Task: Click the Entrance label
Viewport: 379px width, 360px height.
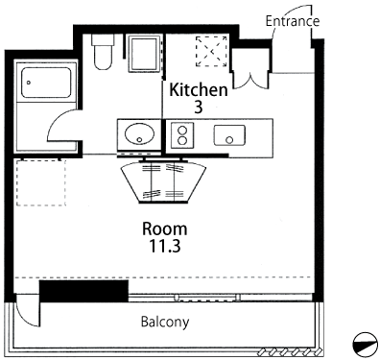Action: (x=293, y=21)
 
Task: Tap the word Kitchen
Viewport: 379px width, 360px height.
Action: (x=199, y=90)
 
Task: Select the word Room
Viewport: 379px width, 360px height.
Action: (x=165, y=228)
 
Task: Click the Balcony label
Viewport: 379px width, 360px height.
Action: (x=165, y=322)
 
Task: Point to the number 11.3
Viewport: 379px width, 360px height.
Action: (x=165, y=246)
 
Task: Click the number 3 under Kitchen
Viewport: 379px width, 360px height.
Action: (x=199, y=108)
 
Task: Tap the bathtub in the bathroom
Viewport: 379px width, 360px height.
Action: (x=46, y=83)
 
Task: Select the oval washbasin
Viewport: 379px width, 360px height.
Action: (x=139, y=134)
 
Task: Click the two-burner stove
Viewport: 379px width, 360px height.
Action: (x=182, y=135)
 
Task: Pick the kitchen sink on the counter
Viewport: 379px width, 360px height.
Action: (x=229, y=135)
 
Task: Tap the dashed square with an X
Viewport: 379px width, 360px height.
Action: (x=211, y=52)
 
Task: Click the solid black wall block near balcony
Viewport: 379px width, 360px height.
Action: (x=83, y=291)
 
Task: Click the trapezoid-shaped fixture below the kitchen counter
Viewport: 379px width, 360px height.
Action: (x=163, y=181)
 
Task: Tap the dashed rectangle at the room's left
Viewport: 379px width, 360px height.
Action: (x=41, y=182)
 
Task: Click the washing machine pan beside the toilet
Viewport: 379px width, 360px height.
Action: (x=144, y=54)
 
